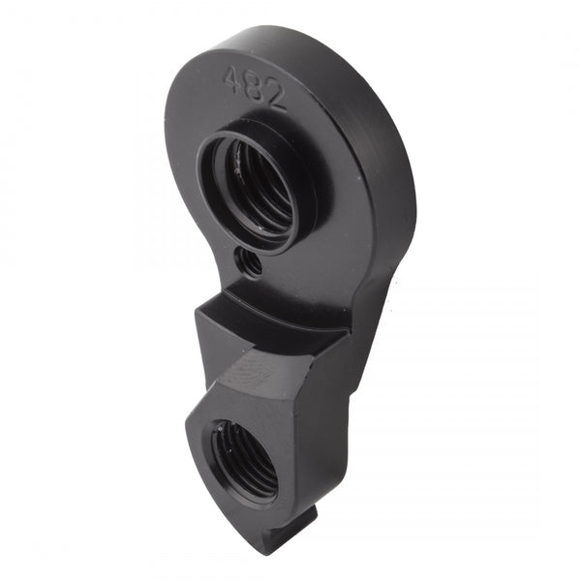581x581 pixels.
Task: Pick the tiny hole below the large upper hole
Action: click(x=252, y=261)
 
